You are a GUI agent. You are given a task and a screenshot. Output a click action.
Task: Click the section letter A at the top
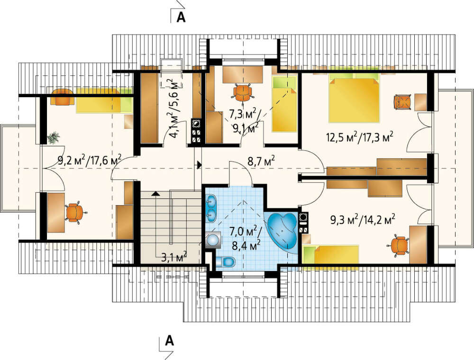tap(181, 17)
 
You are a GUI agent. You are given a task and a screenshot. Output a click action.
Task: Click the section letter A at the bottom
tap(170, 341)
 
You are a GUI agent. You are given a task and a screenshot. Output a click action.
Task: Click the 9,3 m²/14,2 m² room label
tap(363, 220)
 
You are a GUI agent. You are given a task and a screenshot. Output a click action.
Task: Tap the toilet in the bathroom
tap(226, 261)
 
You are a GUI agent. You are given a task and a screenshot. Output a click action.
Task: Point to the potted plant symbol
tap(54, 137)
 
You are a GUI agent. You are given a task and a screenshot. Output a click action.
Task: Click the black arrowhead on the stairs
tap(155, 194)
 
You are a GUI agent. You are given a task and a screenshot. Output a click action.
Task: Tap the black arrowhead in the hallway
tap(200, 164)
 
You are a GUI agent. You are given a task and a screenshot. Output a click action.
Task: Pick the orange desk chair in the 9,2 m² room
tap(74, 212)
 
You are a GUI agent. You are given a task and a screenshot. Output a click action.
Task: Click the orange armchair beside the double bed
tap(402, 102)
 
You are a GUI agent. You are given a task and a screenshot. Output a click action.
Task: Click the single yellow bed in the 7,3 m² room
tap(284, 104)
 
